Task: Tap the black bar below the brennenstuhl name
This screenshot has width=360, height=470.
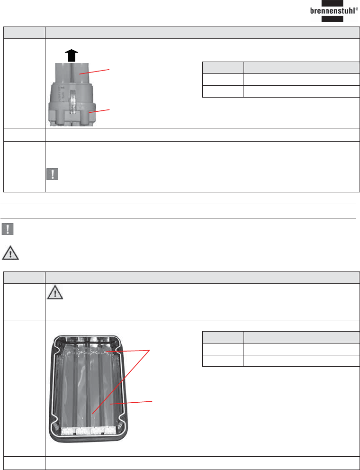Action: point(333,18)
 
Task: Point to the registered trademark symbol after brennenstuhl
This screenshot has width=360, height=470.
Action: point(357,9)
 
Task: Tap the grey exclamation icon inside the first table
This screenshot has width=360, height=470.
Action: point(53,174)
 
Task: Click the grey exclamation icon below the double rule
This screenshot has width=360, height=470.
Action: point(8,229)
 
